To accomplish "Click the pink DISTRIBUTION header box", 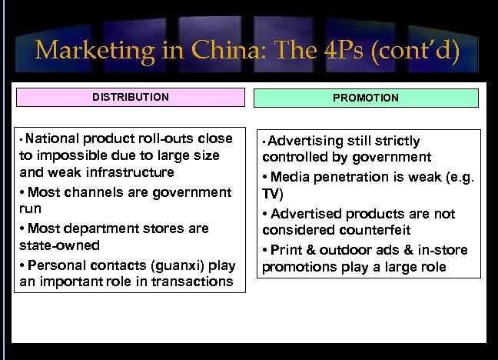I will pos(131,98).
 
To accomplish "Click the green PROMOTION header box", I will pos(366,98).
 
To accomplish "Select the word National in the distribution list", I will pos(54,138).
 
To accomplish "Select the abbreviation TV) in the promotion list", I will pos(272,194).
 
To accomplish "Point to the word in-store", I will pos(443,250).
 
